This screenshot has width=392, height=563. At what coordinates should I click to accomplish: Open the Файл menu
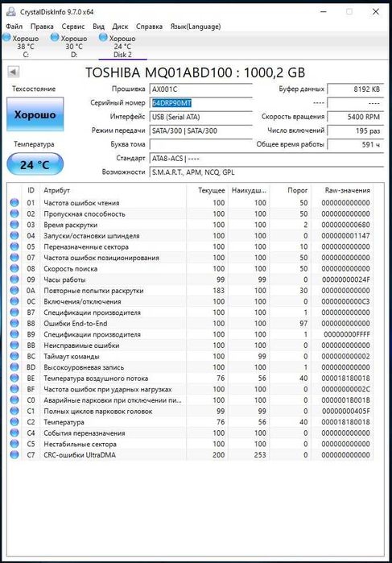coord(14,27)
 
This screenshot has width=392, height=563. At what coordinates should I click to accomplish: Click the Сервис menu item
coord(72,27)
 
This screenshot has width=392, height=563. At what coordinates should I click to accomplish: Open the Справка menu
coord(147,27)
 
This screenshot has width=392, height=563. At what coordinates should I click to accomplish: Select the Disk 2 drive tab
coord(122,46)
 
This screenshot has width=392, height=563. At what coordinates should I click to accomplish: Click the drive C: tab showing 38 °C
coord(25,46)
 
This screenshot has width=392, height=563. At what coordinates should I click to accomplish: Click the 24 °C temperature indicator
coord(34,164)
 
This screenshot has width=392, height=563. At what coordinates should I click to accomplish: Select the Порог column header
coord(298,190)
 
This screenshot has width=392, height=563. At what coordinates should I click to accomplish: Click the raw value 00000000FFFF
coord(347,333)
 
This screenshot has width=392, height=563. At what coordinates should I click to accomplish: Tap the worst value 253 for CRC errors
coord(259,454)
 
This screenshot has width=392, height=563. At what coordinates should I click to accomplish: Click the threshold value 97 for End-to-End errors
coord(303,323)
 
